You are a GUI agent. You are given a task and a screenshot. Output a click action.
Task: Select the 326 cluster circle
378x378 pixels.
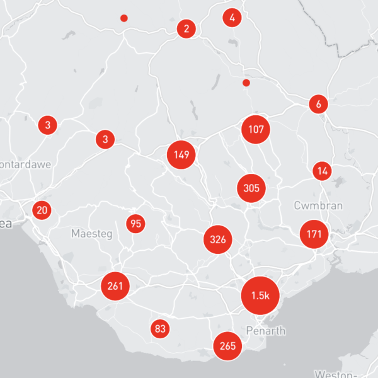click(x=218, y=239)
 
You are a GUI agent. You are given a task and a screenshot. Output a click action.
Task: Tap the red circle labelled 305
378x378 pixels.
click(x=251, y=188)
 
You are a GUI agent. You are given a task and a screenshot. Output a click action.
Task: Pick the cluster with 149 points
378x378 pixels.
click(x=181, y=155)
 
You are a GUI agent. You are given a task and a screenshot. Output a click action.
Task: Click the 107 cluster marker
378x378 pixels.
click(x=256, y=130)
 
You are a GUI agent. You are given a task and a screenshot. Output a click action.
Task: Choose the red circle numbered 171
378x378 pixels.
click(x=314, y=234)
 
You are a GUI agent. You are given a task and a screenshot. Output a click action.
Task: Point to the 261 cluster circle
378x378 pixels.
click(x=115, y=286)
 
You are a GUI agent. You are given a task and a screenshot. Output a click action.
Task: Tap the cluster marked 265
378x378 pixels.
click(x=227, y=345)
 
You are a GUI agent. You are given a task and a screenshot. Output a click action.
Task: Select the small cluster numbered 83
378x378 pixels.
click(x=160, y=328)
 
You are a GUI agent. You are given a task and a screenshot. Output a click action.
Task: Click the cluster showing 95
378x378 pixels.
click(x=135, y=223)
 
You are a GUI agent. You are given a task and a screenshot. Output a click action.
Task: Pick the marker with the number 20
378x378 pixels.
click(x=42, y=210)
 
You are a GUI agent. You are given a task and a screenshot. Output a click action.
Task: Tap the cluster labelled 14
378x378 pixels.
click(x=323, y=171)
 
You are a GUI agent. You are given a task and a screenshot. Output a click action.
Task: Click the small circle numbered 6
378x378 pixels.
click(x=319, y=104)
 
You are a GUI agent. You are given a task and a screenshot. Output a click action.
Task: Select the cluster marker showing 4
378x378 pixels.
click(x=232, y=18)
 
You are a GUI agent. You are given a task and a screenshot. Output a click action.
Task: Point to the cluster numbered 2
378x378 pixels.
click(x=186, y=28)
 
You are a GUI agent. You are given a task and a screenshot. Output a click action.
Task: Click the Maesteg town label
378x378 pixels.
click(x=91, y=234)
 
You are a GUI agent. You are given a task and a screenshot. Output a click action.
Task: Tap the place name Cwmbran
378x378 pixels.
click(x=318, y=205)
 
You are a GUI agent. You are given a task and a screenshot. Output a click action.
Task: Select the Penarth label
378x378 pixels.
click(x=267, y=331)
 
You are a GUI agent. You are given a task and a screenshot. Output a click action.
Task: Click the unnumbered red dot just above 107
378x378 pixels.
click(x=246, y=83)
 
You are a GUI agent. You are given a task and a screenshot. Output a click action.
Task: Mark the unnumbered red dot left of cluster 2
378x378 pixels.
click(x=124, y=18)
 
